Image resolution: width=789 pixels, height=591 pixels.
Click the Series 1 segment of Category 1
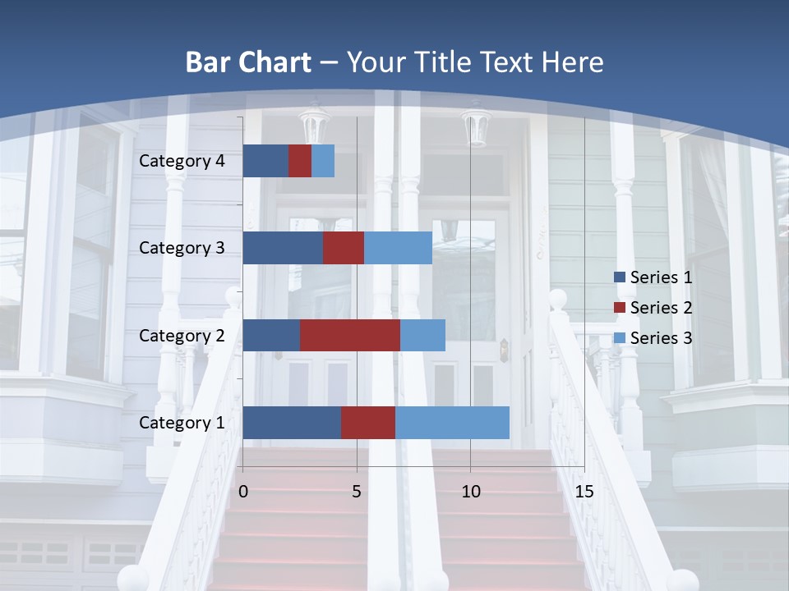pos(292,423)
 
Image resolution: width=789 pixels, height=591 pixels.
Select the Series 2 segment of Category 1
pos(367,423)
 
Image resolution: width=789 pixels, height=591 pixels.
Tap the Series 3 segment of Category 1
pos(452,423)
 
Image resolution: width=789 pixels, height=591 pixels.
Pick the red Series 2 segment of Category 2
pos(349,335)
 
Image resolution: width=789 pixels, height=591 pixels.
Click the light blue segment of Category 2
pos(422,335)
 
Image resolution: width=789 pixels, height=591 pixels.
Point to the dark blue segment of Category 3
pos(282,248)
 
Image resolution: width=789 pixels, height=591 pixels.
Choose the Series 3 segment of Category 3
pos(398,248)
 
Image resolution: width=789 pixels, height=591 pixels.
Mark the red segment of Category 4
pos(300,161)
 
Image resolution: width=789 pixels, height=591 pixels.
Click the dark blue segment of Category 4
pos(265,161)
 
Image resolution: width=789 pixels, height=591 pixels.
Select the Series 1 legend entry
pos(653,277)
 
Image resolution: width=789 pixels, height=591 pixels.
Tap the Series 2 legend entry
pos(653,308)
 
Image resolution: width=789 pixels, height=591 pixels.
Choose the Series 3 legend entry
pos(653,337)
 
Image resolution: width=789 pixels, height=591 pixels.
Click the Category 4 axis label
pos(182,161)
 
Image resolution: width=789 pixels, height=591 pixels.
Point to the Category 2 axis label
pos(182,335)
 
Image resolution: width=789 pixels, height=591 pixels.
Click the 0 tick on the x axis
pos(243,492)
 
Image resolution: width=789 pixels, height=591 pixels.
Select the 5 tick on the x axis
pos(357,492)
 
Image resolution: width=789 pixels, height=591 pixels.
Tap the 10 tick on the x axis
pos(470,492)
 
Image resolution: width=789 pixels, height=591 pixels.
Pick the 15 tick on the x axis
pos(584,492)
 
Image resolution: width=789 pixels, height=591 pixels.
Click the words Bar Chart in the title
pos(248,62)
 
